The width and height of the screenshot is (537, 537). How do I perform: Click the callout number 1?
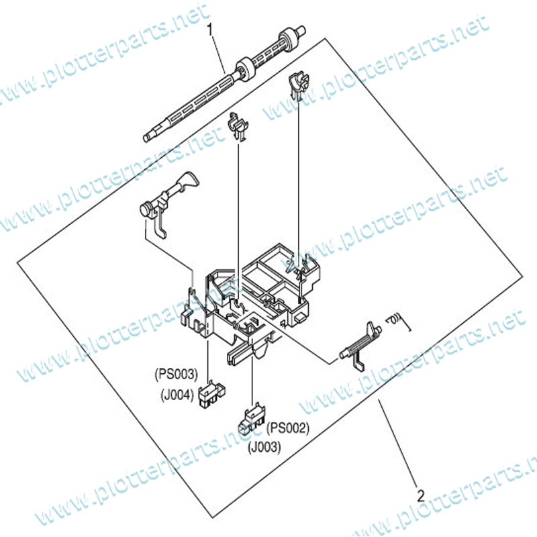click(210, 30)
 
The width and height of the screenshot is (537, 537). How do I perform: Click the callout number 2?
click(421, 496)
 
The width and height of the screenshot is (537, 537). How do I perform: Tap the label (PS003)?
click(177, 374)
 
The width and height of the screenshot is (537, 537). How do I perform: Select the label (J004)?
click(177, 395)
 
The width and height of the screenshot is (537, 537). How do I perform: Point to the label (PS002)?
click(288, 428)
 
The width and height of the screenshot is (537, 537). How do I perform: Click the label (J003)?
click(264, 447)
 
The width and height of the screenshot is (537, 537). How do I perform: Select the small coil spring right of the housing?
click(397, 322)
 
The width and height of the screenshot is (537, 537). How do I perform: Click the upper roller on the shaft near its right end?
click(287, 40)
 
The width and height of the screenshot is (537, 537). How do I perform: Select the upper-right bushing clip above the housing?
click(299, 86)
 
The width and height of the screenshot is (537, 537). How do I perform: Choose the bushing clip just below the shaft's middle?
click(238, 126)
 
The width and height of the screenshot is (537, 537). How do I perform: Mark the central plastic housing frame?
click(250, 302)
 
